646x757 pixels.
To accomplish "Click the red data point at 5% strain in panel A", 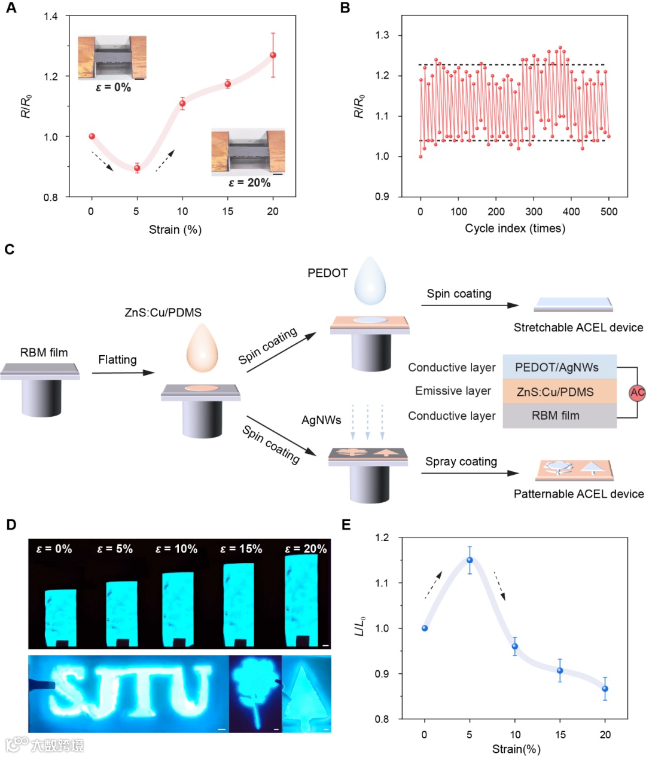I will tap(137, 168).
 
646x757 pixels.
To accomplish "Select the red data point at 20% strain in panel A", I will tap(273, 55).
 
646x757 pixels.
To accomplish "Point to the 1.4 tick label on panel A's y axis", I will tap(51, 16).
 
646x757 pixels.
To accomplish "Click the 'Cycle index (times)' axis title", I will tap(515, 228).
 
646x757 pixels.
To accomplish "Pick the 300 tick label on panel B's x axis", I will tap(534, 211).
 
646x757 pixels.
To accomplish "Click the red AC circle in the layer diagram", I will tap(638, 392).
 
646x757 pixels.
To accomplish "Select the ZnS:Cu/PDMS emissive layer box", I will tap(559, 392).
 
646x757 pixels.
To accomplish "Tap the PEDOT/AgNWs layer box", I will tap(559, 367).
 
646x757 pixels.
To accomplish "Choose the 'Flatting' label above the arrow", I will tap(117, 359).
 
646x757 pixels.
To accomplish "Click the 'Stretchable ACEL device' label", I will tap(578, 328).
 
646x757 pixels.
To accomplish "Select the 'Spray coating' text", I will tap(461, 461).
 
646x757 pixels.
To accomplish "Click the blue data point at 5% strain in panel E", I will tap(470, 560).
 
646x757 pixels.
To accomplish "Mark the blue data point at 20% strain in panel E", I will tap(605, 689).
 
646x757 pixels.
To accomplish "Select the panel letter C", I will tap(9, 249).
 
